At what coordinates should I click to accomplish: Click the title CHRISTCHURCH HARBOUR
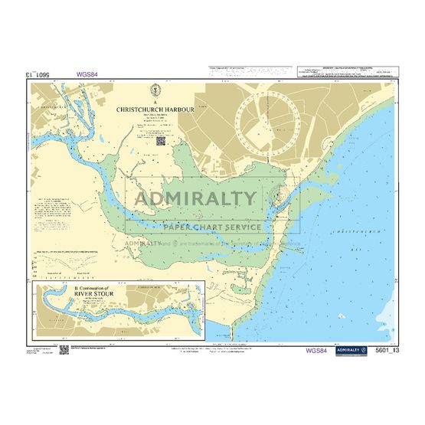pyautogui.click(x=155, y=110)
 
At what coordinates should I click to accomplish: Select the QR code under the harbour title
pyautogui.click(x=161, y=139)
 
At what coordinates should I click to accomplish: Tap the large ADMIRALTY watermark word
pyautogui.click(x=196, y=199)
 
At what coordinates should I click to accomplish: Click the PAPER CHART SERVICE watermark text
pyautogui.click(x=211, y=227)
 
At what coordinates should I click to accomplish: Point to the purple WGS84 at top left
pyautogui.click(x=87, y=75)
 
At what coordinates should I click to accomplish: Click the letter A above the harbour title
pyautogui.click(x=155, y=101)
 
